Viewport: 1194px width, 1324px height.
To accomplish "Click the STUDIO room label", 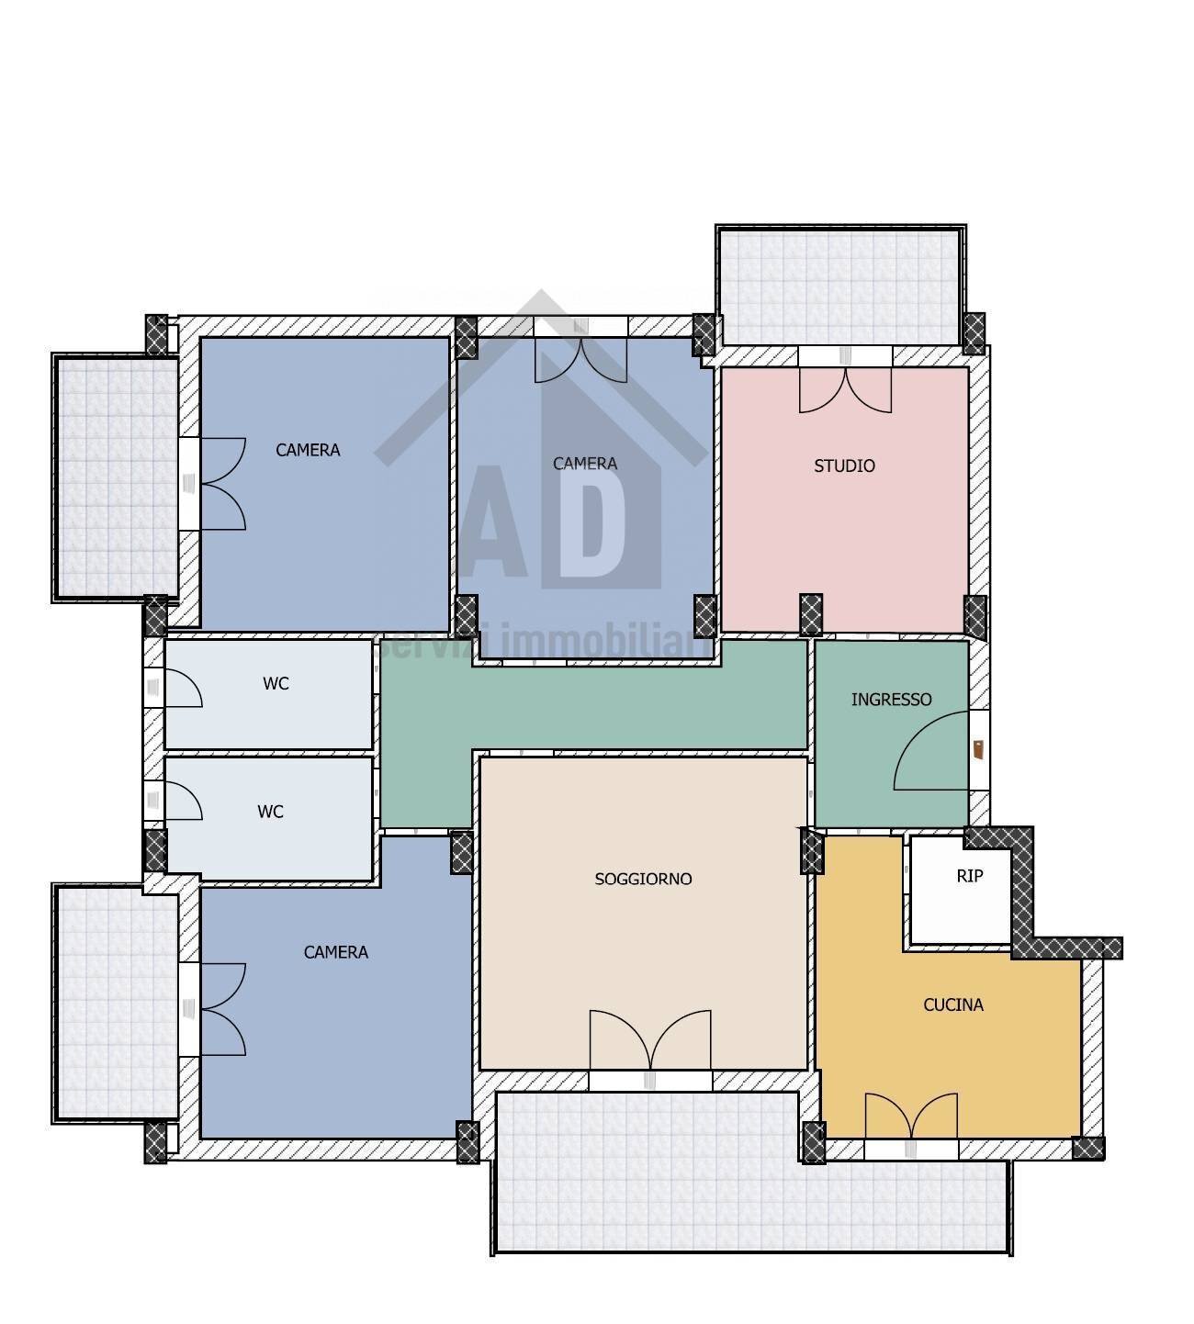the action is (844, 466).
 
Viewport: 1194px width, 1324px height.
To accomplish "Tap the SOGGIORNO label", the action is (643, 879).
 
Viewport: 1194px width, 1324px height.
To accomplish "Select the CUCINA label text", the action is (953, 1005).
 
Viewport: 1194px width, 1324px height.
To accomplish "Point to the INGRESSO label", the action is (891, 700).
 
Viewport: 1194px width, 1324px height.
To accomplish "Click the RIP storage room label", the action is (970, 876).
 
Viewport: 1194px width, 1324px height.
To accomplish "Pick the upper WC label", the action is (276, 684).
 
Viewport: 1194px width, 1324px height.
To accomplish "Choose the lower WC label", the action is (270, 812).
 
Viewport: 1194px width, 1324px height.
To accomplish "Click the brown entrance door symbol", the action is (978, 749).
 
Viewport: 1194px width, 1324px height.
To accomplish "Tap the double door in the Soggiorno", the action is (650, 1038).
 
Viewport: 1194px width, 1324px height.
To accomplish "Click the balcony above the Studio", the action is (840, 286).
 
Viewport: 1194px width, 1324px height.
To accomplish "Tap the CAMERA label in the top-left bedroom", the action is (308, 450).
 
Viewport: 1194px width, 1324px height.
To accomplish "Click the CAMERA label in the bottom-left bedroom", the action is (335, 952).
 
